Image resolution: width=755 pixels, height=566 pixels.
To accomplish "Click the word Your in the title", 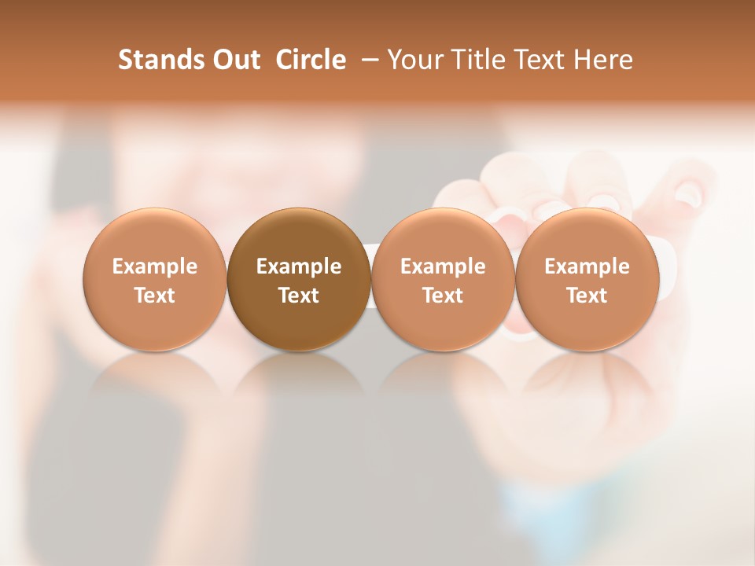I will pyautogui.click(x=411, y=60).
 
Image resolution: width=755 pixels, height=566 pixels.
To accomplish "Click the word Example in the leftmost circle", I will pyautogui.click(x=155, y=266).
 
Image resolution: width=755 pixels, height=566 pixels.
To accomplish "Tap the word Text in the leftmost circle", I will pyautogui.click(x=155, y=296).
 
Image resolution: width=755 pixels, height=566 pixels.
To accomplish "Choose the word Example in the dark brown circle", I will pyautogui.click(x=299, y=266).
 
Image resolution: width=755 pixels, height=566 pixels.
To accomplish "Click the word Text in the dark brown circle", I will pyautogui.click(x=299, y=296).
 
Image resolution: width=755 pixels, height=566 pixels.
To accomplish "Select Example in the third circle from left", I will pyautogui.click(x=443, y=266).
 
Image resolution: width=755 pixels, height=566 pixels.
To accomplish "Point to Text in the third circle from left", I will pyautogui.click(x=443, y=296).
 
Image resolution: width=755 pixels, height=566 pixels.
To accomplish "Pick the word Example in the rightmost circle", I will pyautogui.click(x=587, y=266).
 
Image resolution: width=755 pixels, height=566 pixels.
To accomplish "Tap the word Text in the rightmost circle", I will pyautogui.click(x=587, y=296).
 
